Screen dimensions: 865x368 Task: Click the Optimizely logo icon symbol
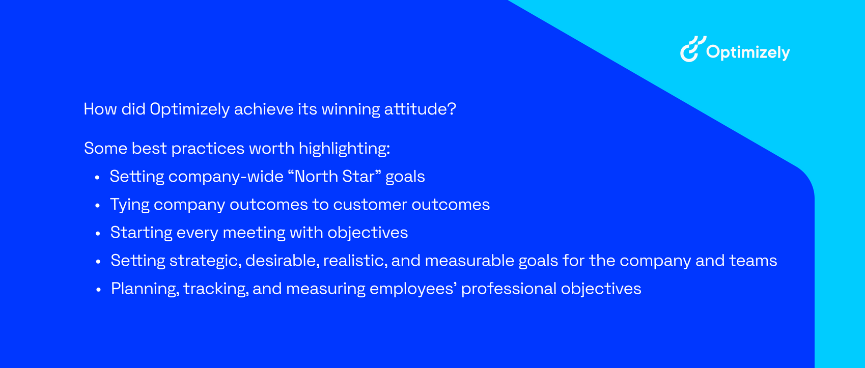point(693,49)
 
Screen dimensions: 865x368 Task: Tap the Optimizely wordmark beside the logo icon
point(748,53)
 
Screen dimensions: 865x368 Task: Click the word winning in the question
point(351,109)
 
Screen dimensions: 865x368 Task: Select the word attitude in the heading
point(420,109)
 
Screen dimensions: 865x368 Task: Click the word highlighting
point(345,149)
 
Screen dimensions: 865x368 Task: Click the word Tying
point(130,205)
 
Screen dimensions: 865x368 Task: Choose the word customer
point(370,205)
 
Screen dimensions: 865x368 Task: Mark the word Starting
point(142,233)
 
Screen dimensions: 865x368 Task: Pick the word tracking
point(216,289)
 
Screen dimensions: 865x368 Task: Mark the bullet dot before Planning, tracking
point(98,290)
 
